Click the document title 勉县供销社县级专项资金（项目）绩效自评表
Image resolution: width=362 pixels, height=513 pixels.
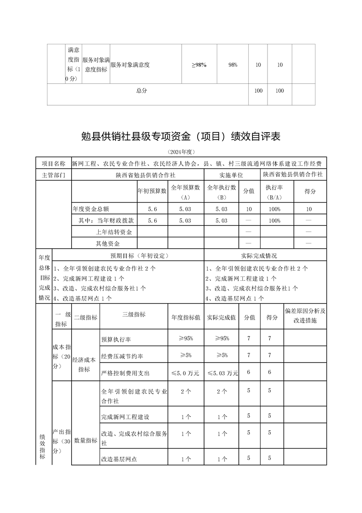tap(181, 136)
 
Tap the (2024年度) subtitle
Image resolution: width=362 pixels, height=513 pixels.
tap(181, 152)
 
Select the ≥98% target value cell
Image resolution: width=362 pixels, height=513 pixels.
tap(199, 65)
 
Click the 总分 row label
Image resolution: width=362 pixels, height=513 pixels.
tap(142, 91)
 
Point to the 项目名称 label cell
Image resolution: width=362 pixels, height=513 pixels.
tap(53, 163)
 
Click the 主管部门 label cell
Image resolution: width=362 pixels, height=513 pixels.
tap(53, 175)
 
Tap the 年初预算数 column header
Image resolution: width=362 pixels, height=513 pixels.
tap(152, 191)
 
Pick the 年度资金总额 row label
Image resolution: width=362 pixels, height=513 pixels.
tap(91, 209)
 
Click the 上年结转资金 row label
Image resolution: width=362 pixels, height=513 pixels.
tap(107, 232)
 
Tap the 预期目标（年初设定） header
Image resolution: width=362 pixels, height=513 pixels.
tap(130, 256)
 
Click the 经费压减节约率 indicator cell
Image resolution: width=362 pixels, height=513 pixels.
tap(119, 356)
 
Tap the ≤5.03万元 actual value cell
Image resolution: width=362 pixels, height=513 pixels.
tap(222, 373)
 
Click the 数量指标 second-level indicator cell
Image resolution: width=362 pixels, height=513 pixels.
tap(85, 440)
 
